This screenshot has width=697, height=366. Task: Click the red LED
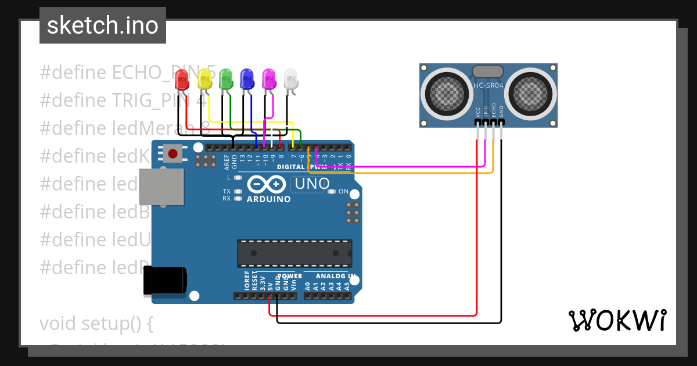coord(182,80)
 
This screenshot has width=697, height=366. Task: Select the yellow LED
coord(204,78)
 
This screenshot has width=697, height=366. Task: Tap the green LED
coord(226,78)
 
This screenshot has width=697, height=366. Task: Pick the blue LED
coord(247,78)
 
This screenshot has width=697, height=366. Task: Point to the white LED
coord(290,78)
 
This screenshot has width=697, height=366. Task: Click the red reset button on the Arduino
coord(173,153)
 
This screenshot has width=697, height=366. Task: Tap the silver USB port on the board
coord(160,186)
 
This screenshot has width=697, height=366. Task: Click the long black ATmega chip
coord(294,253)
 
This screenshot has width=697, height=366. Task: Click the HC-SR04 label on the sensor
coord(488,85)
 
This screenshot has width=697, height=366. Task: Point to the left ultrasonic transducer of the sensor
coord(447,91)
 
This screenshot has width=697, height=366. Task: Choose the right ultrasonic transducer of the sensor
coord(530,91)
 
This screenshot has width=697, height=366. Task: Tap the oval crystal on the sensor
coord(488,71)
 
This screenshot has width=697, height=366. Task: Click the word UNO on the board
coord(312,184)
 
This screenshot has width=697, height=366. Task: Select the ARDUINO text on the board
coord(268,199)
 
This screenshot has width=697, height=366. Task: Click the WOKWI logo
coord(617,320)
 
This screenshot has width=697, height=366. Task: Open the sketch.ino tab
coord(103,26)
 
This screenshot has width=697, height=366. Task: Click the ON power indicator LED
coord(332,192)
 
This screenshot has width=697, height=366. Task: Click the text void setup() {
coord(96,323)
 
